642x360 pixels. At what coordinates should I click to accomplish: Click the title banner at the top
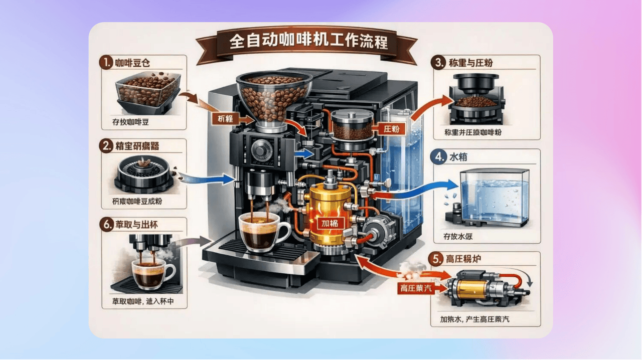pos(307,42)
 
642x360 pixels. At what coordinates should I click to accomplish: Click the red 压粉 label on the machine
pos(391,128)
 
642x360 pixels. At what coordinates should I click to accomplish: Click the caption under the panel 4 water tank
pos(459,236)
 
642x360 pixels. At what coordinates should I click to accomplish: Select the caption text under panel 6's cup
pos(144,302)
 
